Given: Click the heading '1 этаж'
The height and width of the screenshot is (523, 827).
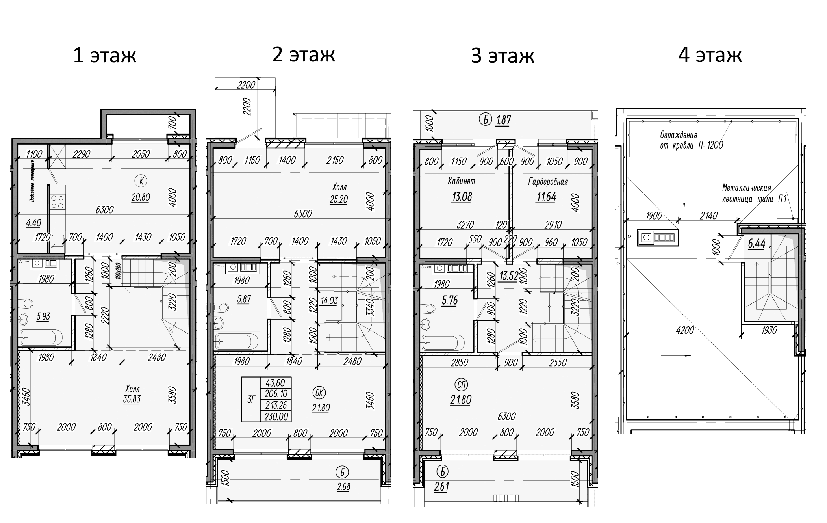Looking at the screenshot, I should (x=105, y=55).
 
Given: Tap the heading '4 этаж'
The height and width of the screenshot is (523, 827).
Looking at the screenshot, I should (x=710, y=55).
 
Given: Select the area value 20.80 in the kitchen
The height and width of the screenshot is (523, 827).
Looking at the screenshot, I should (x=141, y=197).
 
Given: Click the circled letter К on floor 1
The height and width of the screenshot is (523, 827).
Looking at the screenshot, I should (x=141, y=181).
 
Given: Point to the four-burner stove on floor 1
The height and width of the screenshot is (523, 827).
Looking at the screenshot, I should (x=57, y=202).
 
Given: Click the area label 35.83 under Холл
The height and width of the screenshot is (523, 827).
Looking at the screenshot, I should (x=131, y=399).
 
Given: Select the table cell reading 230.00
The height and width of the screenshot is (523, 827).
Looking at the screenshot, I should (x=276, y=417).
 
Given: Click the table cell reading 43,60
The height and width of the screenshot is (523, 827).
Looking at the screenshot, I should (x=276, y=383).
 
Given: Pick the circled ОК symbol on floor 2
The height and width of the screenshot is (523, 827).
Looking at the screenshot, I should (x=319, y=392).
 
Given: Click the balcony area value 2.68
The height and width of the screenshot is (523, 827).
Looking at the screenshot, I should (x=343, y=486).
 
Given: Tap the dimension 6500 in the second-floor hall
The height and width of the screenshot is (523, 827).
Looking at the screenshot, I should (x=302, y=213).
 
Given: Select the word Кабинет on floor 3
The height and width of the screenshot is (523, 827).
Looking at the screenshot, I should (x=461, y=181).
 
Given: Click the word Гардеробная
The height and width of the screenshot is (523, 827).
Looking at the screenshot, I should (x=548, y=182).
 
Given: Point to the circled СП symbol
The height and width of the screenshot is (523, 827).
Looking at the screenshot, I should (x=461, y=384).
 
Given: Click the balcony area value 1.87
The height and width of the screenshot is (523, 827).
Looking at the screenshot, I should (x=503, y=120).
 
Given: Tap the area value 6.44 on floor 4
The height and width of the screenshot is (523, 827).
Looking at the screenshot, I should (x=756, y=244).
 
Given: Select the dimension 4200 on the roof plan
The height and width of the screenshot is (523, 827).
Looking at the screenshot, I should (x=684, y=330).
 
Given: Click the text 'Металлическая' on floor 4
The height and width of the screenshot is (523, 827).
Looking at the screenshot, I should (x=746, y=188).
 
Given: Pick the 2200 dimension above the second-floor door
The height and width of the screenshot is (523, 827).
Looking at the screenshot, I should (x=246, y=85).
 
